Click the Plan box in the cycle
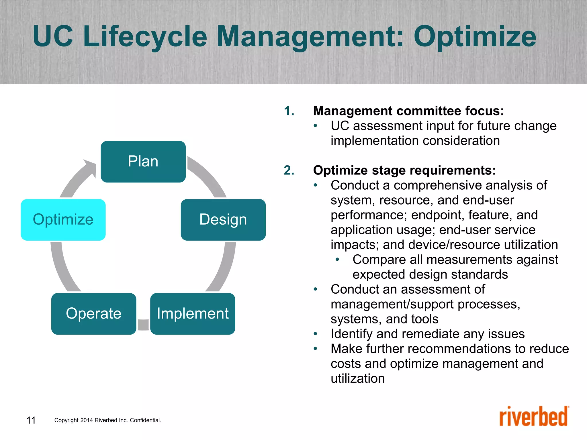pyautogui.click(x=143, y=162)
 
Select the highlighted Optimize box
pyautogui.click(x=63, y=220)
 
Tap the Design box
pyautogui.click(x=223, y=220)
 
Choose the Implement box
pyautogui.click(x=193, y=314)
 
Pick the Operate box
pyautogui.click(x=94, y=314)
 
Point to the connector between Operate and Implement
pyautogui.click(x=143, y=325)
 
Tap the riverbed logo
pyautogui.click(x=534, y=417)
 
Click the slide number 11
pyautogui.click(x=31, y=420)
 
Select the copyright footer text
pyautogui.click(x=108, y=420)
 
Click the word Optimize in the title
pyautogui.click(x=475, y=37)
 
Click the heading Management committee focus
pyautogui.click(x=408, y=111)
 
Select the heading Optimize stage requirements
pyautogui.click(x=404, y=170)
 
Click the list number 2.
pyautogui.click(x=289, y=170)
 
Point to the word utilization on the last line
pyautogui.click(x=358, y=378)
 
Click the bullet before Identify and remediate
pyautogui.click(x=316, y=334)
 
